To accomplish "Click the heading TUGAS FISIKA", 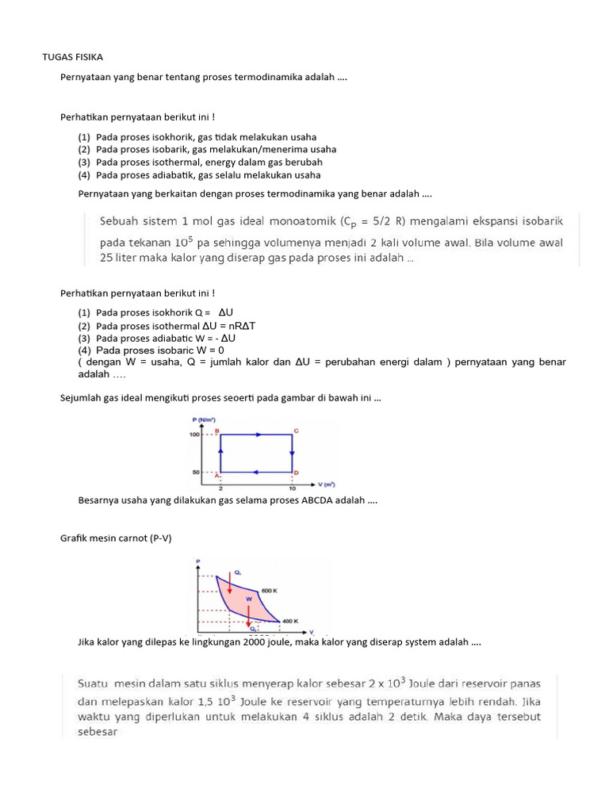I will pyautogui.click(x=72, y=57).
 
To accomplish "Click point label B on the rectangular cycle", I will pyautogui.click(x=216, y=429).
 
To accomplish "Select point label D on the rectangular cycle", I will pyautogui.click(x=297, y=473).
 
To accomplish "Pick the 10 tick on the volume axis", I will pyautogui.click(x=292, y=488).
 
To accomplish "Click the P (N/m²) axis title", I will pyautogui.click(x=204, y=419).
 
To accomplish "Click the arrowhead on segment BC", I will pyautogui.click(x=256, y=435).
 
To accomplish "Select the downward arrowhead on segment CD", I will pyautogui.click(x=292, y=454).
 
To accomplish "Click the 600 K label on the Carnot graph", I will pyautogui.click(x=270, y=591).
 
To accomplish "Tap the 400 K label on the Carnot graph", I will pyautogui.click(x=290, y=620).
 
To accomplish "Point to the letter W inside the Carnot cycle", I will pyautogui.click(x=248, y=599).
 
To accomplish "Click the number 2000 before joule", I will pyautogui.click(x=236, y=642).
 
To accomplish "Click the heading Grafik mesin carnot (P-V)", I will pyautogui.click(x=116, y=538).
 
